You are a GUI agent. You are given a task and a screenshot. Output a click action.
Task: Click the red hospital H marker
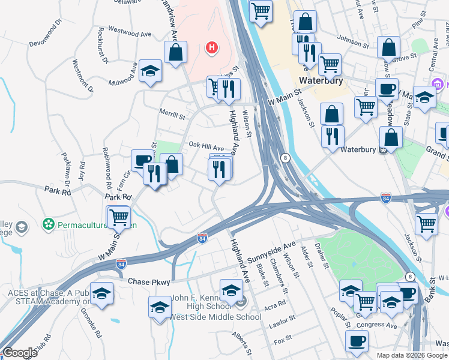point(211,47)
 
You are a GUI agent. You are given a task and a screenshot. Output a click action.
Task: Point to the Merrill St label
point(172,113)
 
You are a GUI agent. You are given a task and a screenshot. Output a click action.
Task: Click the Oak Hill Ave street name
point(206,146)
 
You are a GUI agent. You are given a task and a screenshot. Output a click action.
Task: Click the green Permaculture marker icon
point(48,225)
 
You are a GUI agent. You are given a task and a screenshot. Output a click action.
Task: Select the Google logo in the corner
point(20,353)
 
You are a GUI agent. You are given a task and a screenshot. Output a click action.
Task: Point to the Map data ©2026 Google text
point(412,355)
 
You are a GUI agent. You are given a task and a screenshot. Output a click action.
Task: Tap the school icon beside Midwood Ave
point(149,73)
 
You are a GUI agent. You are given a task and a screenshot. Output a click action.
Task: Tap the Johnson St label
point(353,42)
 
